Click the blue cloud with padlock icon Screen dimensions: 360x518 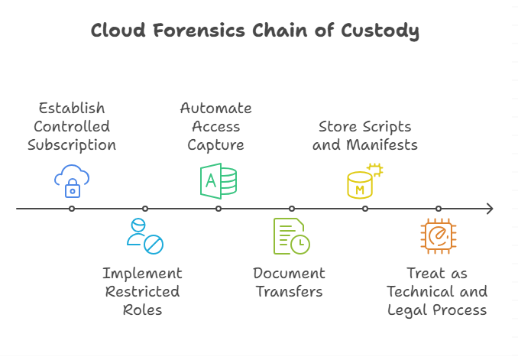(x=72, y=180)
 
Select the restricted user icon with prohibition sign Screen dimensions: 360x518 (x=144, y=236)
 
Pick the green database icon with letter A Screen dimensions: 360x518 (x=219, y=180)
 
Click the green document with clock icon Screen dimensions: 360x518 (x=291, y=236)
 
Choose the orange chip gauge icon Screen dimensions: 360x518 (x=438, y=236)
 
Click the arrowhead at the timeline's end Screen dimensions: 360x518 (x=489, y=209)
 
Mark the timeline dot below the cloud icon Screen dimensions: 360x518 (x=72, y=209)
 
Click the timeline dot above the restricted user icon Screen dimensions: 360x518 (x=145, y=209)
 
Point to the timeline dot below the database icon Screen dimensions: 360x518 (x=219, y=209)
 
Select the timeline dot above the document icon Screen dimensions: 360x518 (x=292, y=209)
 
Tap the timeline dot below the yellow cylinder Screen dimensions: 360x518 (x=365, y=209)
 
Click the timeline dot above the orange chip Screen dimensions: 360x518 (x=439, y=209)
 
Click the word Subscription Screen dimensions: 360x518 (x=72, y=144)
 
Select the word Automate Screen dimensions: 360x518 (x=215, y=108)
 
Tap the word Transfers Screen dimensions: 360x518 (x=290, y=292)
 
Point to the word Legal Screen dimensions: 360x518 (x=410, y=310)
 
